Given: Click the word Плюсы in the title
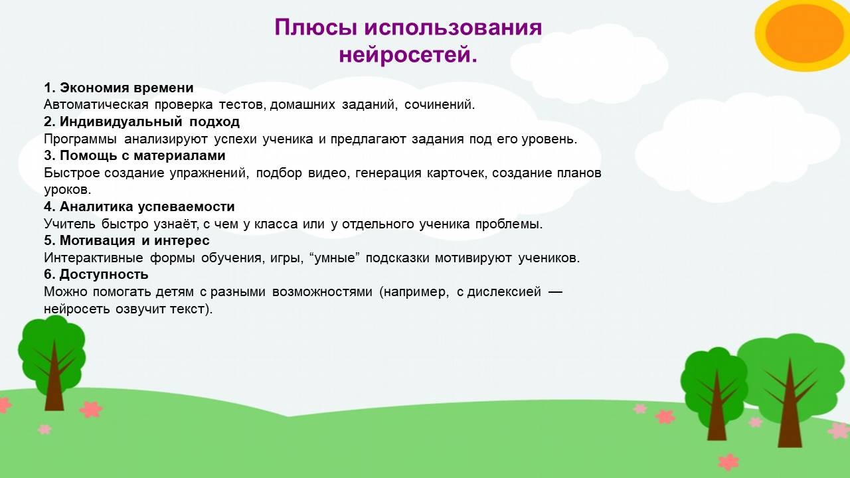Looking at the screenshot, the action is click(315, 27).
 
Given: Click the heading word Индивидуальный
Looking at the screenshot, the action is click(121, 121).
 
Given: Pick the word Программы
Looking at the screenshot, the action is click(80, 139).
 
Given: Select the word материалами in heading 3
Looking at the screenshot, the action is click(179, 155).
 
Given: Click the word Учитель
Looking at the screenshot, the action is click(70, 224).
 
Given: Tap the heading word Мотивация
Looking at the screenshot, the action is click(97, 240).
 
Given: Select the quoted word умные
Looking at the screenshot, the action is click(335, 258).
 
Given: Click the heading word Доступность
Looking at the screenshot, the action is click(104, 274).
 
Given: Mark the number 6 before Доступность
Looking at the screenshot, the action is click(48, 274).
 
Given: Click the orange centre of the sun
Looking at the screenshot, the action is click(804, 34).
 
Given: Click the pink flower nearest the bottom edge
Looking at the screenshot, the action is click(728, 461).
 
